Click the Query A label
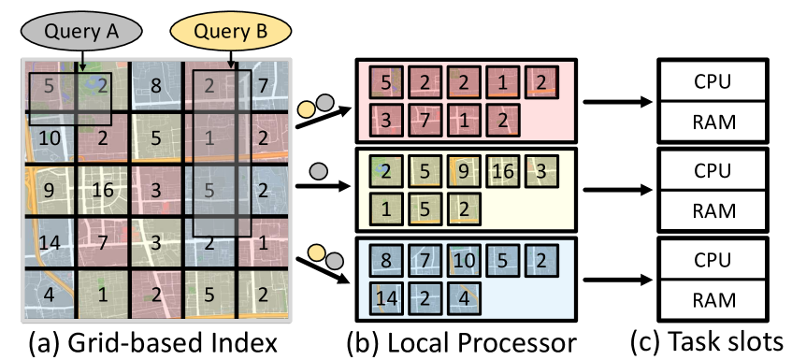pyautogui.click(x=81, y=32)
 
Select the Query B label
pyautogui.click(x=230, y=32)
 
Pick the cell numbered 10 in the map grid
pyautogui.click(x=50, y=138)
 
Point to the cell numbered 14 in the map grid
pyautogui.click(x=50, y=243)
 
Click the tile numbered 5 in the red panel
pyautogui.click(x=385, y=82)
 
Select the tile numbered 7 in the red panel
pyautogui.click(x=424, y=120)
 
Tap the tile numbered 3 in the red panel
pyautogui.click(x=385, y=120)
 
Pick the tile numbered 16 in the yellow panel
pyautogui.click(x=502, y=172)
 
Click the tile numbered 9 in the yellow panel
pyautogui.click(x=463, y=172)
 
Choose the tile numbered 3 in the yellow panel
pyautogui.click(x=540, y=172)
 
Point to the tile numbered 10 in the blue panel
pyautogui.click(x=463, y=262)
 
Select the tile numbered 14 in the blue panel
pyautogui.click(x=385, y=299)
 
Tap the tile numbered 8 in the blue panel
pyautogui.click(x=385, y=262)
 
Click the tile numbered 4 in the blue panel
pyautogui.click(x=463, y=299)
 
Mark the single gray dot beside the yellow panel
pyautogui.click(x=318, y=171)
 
